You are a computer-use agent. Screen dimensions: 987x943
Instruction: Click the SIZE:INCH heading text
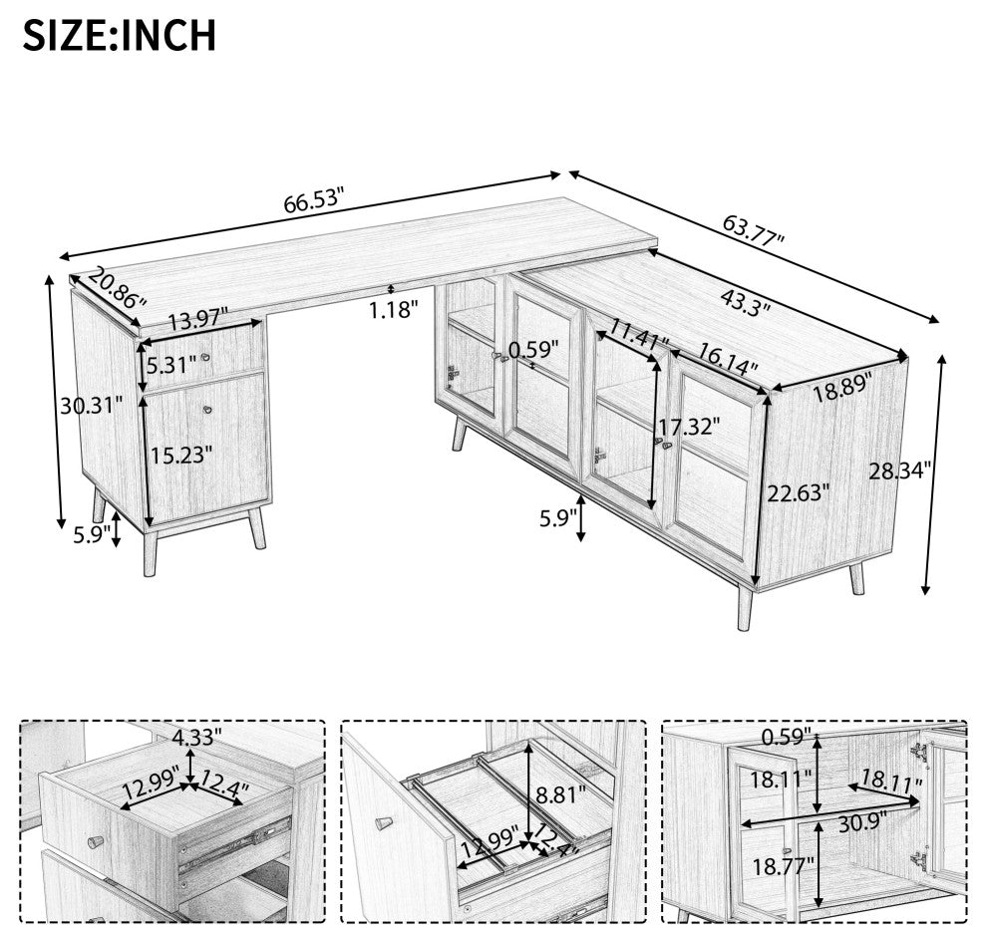coord(120,35)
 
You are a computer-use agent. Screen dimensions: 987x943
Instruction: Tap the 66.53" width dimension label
coord(314,200)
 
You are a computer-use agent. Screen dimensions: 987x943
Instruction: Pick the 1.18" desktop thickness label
coord(394,310)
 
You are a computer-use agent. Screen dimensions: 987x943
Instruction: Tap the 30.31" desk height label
coord(92,406)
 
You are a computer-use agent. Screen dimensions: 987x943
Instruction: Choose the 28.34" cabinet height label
coord(899,470)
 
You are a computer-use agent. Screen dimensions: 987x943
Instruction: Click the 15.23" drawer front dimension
coord(180,454)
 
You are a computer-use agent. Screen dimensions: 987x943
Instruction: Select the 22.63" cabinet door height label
coord(799,491)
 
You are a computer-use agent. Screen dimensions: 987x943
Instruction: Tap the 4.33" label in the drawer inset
coord(197,736)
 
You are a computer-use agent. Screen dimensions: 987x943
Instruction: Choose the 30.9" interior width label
coord(861,820)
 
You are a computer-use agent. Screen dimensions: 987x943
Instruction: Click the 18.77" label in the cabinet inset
coord(783,866)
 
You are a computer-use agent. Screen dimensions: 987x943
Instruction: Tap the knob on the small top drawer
coord(205,358)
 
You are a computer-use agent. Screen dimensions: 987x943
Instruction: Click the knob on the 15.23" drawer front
coord(207,411)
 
